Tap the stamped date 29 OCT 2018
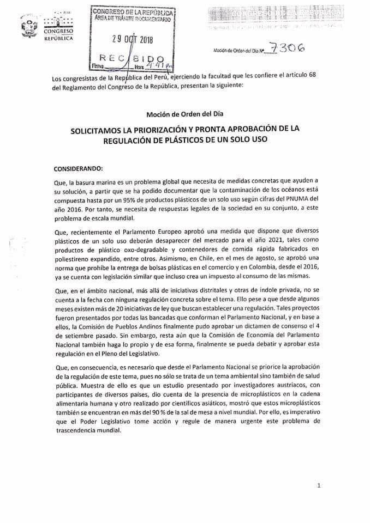[x=133, y=39]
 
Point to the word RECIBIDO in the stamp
[x=132, y=57]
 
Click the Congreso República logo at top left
[x=57, y=27]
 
